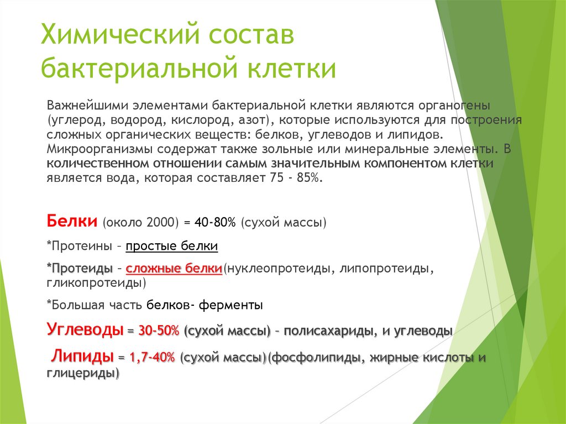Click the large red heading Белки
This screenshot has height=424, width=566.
(71, 221)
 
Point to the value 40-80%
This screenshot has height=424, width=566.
(215, 222)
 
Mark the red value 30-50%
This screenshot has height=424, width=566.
(159, 331)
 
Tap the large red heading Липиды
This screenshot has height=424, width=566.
(83, 356)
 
